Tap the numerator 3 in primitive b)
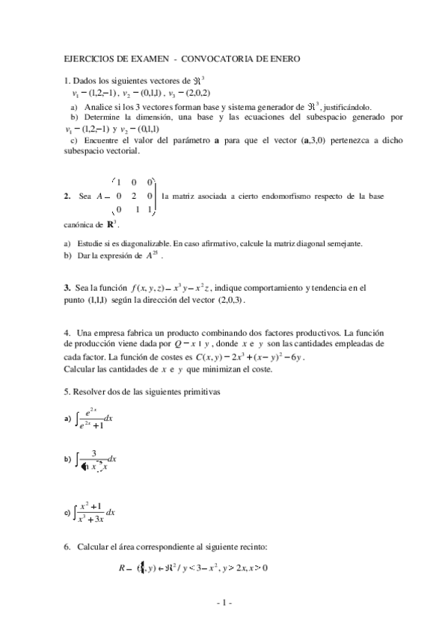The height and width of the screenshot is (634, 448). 93,454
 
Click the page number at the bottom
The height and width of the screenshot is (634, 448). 224,603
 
